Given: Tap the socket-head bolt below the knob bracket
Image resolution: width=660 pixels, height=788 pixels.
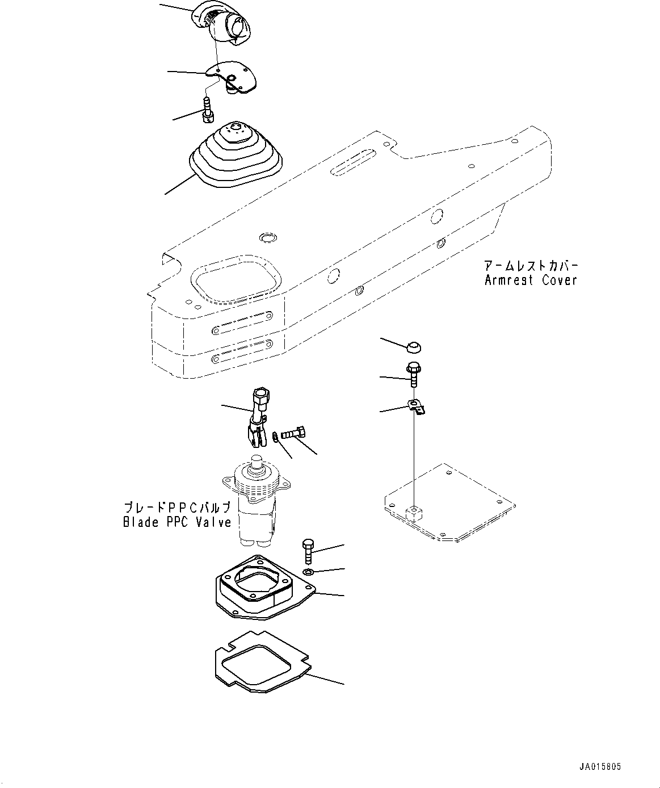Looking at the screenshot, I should click(x=208, y=109).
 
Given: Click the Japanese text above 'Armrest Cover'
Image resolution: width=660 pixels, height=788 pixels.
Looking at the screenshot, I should click(x=531, y=266).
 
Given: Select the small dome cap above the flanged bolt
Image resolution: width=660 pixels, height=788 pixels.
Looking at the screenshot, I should click(x=414, y=346).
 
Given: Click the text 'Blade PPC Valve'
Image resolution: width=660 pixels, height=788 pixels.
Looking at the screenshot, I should click(x=177, y=522).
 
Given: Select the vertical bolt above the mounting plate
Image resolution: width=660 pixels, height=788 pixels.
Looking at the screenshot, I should click(x=308, y=550).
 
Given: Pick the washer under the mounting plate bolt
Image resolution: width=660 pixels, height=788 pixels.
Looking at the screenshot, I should click(x=307, y=571).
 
